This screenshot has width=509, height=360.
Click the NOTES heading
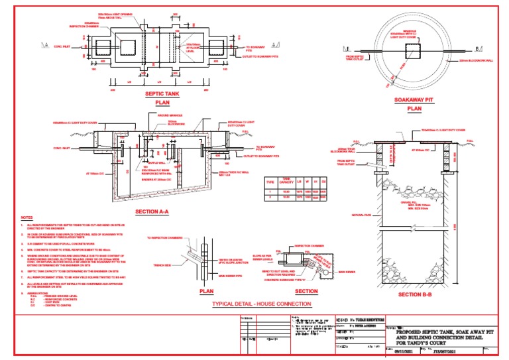click(27, 217)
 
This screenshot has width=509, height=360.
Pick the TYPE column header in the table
click(270, 180)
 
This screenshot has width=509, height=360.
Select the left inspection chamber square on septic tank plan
click(91, 48)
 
